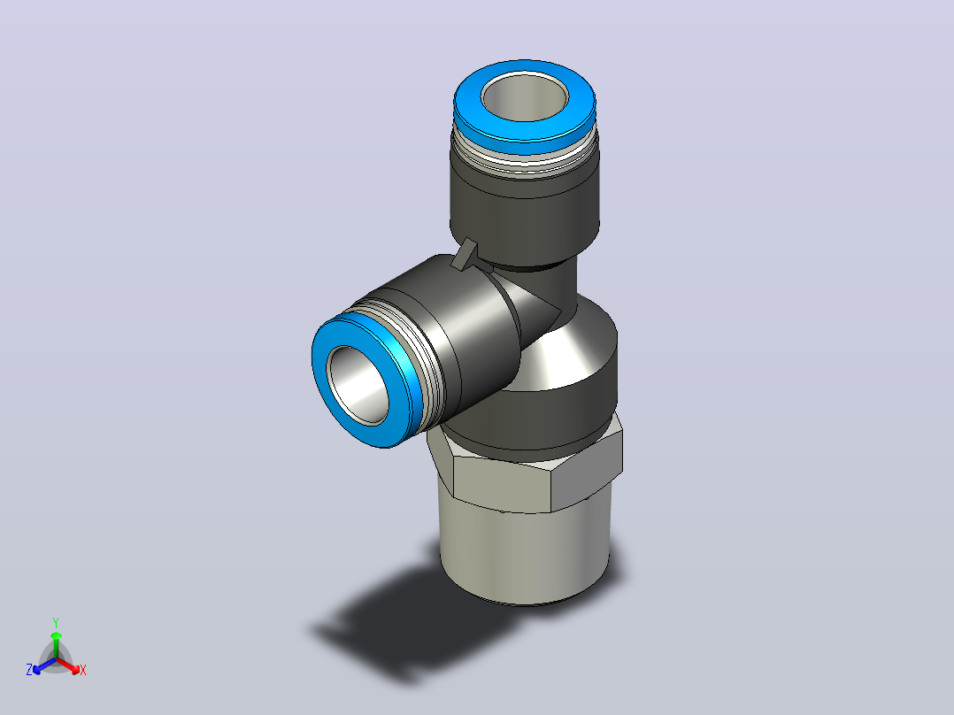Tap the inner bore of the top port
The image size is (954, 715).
tap(525, 98)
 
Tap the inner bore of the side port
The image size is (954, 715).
tap(358, 385)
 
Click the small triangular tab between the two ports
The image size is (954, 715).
tap(466, 254)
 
